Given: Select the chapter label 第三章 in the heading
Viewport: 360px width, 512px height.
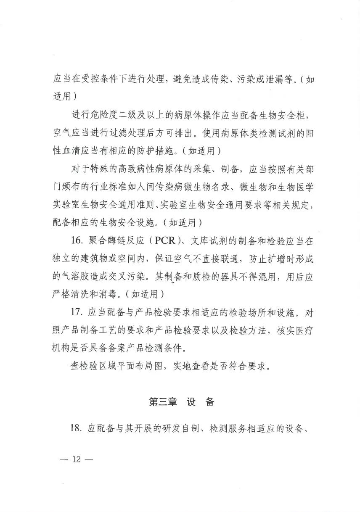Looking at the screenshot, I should [163, 402].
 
